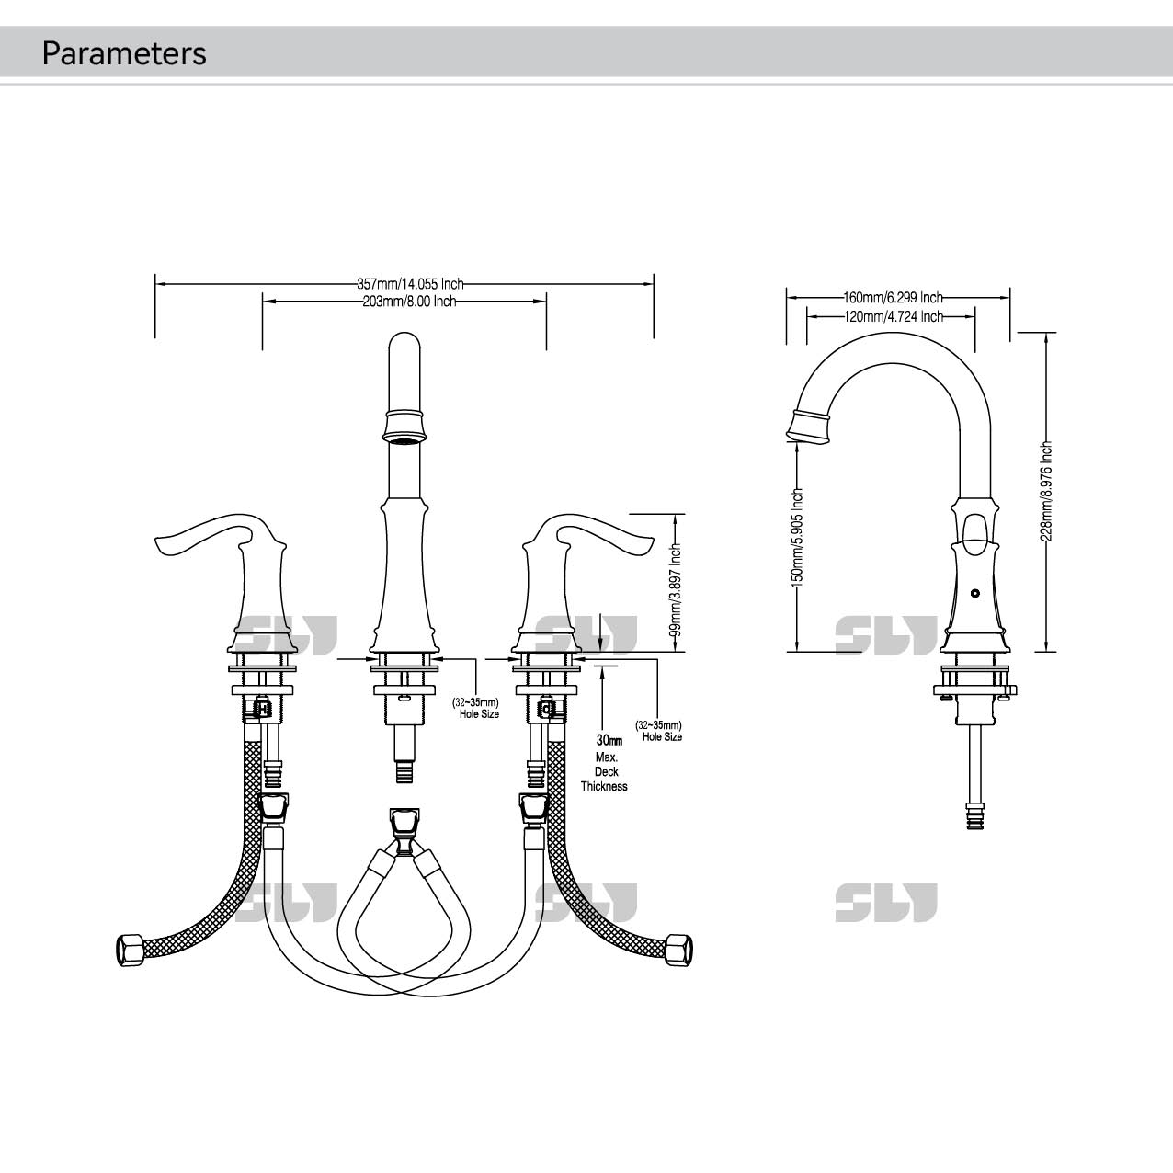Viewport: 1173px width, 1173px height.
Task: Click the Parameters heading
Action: click(124, 53)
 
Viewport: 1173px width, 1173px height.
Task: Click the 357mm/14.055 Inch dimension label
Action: click(410, 284)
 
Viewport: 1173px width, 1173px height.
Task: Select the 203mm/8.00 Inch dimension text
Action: click(409, 302)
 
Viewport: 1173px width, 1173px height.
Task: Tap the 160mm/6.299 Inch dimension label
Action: click(893, 298)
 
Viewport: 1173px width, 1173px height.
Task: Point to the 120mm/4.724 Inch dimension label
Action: click(893, 316)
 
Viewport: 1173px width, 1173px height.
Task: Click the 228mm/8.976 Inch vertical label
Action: click(1046, 491)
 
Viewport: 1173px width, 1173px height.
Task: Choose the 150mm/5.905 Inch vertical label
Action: click(797, 538)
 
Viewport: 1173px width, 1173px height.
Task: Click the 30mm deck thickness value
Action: click(609, 740)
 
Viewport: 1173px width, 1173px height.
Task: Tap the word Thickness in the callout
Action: click(604, 787)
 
